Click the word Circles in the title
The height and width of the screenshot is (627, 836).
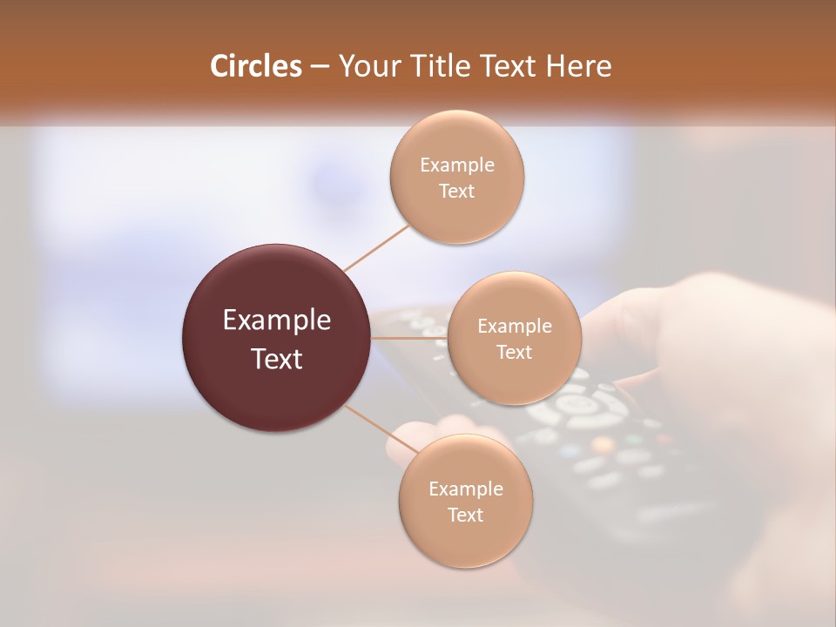pyautogui.click(x=255, y=66)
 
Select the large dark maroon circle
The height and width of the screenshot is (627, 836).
pyautogui.click(x=276, y=338)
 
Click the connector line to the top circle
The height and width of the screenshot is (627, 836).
pyautogui.click(x=377, y=246)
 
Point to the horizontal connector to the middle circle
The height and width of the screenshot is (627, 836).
pyautogui.click(x=409, y=338)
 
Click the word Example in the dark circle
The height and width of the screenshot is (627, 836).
pyautogui.click(x=276, y=320)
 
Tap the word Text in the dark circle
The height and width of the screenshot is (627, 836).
pyautogui.click(x=276, y=359)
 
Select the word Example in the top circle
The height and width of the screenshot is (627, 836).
pyautogui.click(x=456, y=165)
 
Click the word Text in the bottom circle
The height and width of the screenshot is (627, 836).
pyautogui.click(x=465, y=515)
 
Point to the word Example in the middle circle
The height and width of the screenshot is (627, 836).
pyautogui.click(x=514, y=327)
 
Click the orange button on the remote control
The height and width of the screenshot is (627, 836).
pyautogui.click(x=602, y=445)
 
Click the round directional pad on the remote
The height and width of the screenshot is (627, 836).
pyautogui.click(x=576, y=404)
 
